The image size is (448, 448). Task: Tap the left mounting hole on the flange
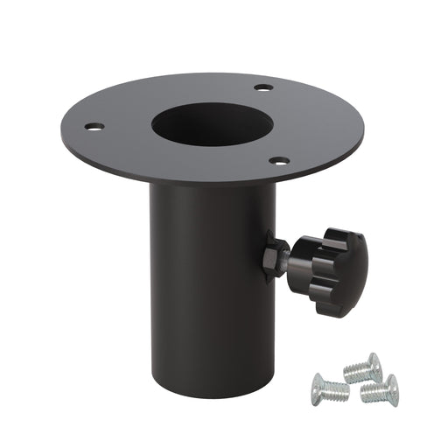94,127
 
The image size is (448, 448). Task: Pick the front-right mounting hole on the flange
279,160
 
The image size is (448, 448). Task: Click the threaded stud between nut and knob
288,258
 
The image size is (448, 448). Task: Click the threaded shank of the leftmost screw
338,390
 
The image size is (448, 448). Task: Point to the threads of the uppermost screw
354,372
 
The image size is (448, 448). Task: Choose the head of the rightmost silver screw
391,386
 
